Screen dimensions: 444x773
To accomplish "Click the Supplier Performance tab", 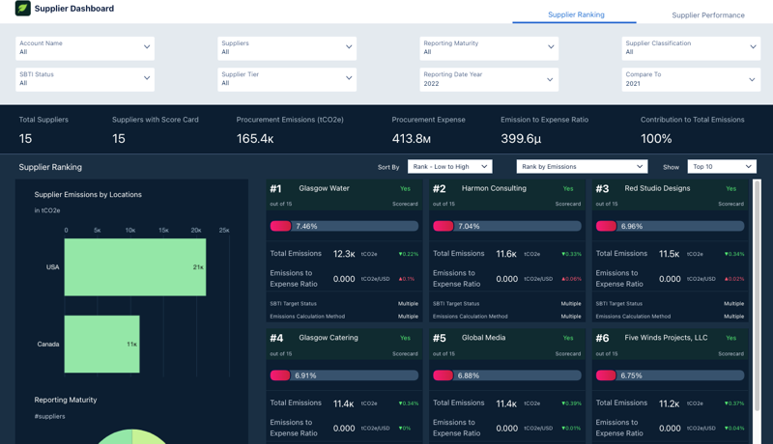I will (707, 15).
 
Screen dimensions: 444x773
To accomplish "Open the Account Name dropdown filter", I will (85, 47).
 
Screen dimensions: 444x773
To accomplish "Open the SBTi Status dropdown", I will (85, 78).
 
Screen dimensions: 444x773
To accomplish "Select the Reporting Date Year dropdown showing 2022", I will (489, 79).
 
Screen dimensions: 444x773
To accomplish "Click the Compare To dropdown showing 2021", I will (690, 79).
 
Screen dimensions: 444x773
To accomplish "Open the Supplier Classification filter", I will (690, 47).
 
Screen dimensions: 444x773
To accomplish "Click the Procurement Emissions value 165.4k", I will (255, 139).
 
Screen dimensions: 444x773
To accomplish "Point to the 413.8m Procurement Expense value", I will (412, 139).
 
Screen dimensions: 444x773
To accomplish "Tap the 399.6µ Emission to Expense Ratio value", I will (521, 139).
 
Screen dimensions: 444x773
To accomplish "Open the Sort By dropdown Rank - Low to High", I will (449, 167).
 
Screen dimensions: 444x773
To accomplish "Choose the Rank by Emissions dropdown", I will (581, 167).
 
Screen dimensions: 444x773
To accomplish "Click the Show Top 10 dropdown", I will (721, 167).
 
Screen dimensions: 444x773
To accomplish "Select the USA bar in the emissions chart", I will (134, 267).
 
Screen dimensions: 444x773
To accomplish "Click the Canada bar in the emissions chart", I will (101, 344).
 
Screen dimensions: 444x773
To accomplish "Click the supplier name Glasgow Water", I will (324, 189).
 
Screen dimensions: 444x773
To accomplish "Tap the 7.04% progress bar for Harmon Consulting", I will (507, 226).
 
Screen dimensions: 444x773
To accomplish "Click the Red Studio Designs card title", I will (657, 189).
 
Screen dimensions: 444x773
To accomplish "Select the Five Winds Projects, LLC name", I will (666, 339).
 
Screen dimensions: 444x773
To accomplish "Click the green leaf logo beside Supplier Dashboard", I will (22, 9).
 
